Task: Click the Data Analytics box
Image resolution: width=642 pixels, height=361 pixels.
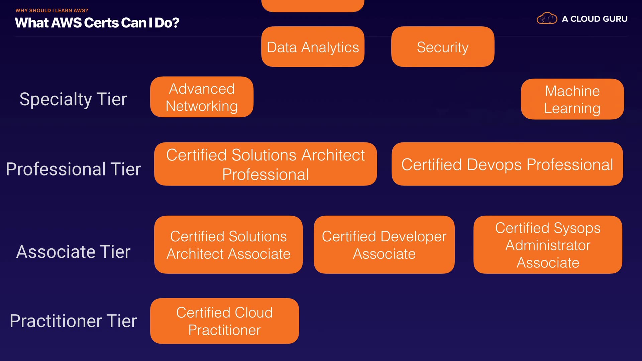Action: click(313, 47)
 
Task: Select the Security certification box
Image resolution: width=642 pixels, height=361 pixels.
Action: click(443, 47)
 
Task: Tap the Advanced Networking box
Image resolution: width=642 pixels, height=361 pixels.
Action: click(202, 97)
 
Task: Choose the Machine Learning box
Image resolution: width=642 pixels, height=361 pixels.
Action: click(572, 99)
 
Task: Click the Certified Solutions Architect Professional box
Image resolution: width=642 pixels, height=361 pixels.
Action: click(265, 164)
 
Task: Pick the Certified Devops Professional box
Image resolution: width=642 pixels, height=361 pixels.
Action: click(507, 164)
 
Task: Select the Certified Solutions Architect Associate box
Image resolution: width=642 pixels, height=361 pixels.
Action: click(228, 245)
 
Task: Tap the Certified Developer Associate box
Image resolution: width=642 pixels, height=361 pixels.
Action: click(384, 245)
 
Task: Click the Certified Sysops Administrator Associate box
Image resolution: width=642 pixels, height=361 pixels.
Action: click(548, 245)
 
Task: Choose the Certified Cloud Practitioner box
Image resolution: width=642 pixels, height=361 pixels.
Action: click(224, 321)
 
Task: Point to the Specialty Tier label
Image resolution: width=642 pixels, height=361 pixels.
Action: click(73, 100)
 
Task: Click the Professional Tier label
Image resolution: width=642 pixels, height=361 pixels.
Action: click(73, 169)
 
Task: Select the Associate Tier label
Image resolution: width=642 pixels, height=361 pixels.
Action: click(73, 252)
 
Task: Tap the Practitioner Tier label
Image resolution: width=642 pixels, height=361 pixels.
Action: click(73, 321)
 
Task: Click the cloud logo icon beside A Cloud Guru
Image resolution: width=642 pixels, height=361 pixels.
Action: click(547, 18)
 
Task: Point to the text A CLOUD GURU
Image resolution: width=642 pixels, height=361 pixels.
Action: click(595, 19)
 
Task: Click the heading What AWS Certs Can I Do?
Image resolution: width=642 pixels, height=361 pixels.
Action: click(97, 23)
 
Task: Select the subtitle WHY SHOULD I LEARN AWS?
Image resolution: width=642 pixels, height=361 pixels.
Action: click(52, 11)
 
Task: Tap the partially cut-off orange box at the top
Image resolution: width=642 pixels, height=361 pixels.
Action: click(313, 6)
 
